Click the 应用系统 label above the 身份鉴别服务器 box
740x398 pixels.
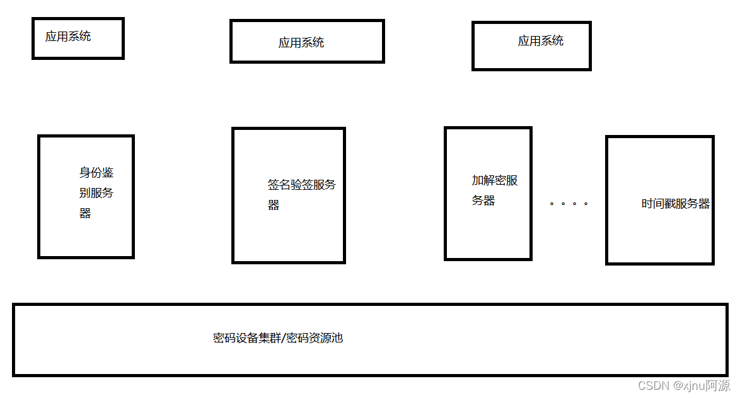tap(68, 37)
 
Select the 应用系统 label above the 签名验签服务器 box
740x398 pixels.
tap(301, 43)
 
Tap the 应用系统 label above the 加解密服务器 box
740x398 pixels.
tap(541, 41)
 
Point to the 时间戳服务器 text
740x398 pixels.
tap(676, 204)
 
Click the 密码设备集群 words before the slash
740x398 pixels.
tap(247, 338)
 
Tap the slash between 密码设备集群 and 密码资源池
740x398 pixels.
tap(283, 338)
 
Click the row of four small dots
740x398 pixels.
tap(569, 204)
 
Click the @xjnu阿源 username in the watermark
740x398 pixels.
tap(701, 385)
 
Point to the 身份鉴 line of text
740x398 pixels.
tap(96, 173)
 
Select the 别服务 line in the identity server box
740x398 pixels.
tap(96, 193)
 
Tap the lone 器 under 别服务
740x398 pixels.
tap(85, 213)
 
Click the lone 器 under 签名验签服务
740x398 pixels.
tap(274, 205)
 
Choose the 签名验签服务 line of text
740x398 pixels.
tap(302, 185)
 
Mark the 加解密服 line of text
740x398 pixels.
tap(495, 180)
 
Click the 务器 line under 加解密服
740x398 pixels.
tap(483, 201)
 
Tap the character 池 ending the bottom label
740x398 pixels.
tap(337, 338)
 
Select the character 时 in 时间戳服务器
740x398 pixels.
tap(647, 204)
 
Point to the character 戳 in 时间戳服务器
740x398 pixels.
tap(670, 204)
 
